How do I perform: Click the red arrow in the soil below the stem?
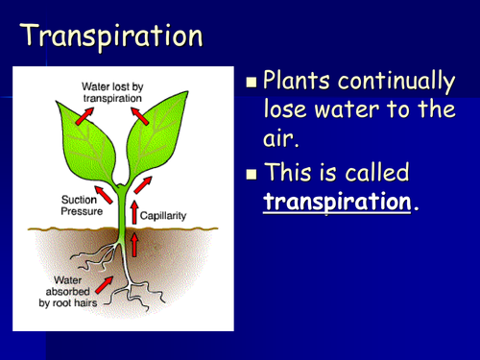pos(133,246)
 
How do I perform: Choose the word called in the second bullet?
pos(378,174)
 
